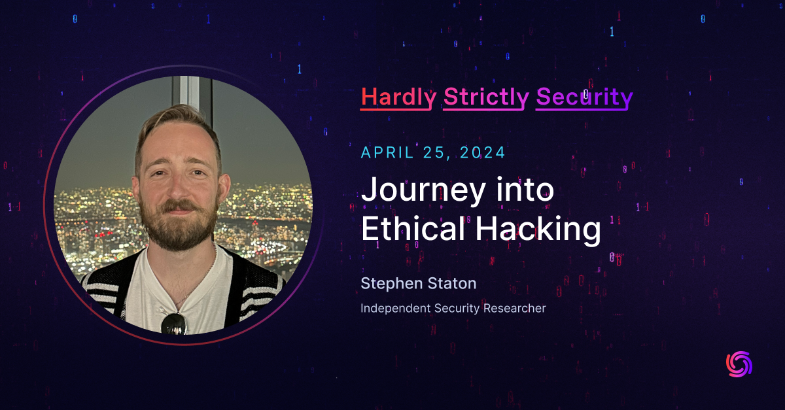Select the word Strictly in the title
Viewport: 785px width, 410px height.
coord(486,97)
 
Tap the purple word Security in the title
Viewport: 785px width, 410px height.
coord(584,97)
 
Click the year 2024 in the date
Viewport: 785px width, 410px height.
coord(482,152)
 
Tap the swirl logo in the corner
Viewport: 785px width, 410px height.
coord(739,364)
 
